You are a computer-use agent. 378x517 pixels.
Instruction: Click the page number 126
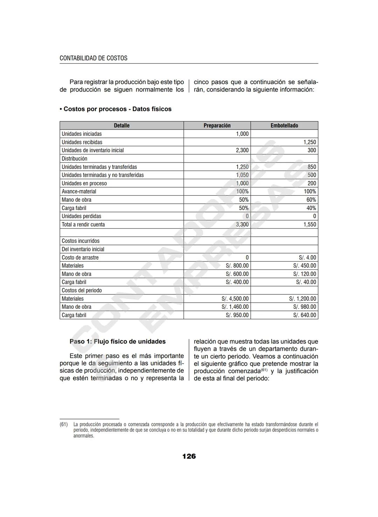(x=189, y=456)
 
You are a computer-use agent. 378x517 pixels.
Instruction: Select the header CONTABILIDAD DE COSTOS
(x=93, y=58)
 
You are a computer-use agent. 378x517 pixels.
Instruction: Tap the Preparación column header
(x=217, y=126)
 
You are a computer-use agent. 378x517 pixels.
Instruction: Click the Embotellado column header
(x=284, y=126)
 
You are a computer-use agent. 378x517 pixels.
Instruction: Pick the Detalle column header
(x=121, y=126)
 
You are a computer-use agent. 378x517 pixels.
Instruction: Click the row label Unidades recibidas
(x=82, y=142)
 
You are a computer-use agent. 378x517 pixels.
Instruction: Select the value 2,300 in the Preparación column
(x=242, y=150)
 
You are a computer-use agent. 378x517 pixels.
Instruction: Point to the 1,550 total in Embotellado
(x=309, y=224)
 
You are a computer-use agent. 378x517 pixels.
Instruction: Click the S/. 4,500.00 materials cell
(x=235, y=299)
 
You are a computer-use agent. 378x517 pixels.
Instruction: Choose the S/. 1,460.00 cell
(x=235, y=307)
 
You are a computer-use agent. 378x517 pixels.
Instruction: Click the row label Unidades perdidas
(x=81, y=216)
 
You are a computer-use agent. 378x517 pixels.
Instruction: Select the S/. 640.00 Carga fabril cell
(x=304, y=315)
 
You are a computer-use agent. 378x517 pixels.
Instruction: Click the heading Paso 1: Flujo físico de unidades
(x=118, y=341)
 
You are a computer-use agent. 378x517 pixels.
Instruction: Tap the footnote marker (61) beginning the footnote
(x=63, y=424)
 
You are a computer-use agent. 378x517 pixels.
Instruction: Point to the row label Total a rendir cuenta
(x=83, y=224)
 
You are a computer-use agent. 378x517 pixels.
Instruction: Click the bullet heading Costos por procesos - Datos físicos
(x=115, y=109)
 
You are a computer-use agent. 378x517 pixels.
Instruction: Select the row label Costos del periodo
(x=82, y=290)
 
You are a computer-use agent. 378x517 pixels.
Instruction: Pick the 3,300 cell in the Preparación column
(x=242, y=224)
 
